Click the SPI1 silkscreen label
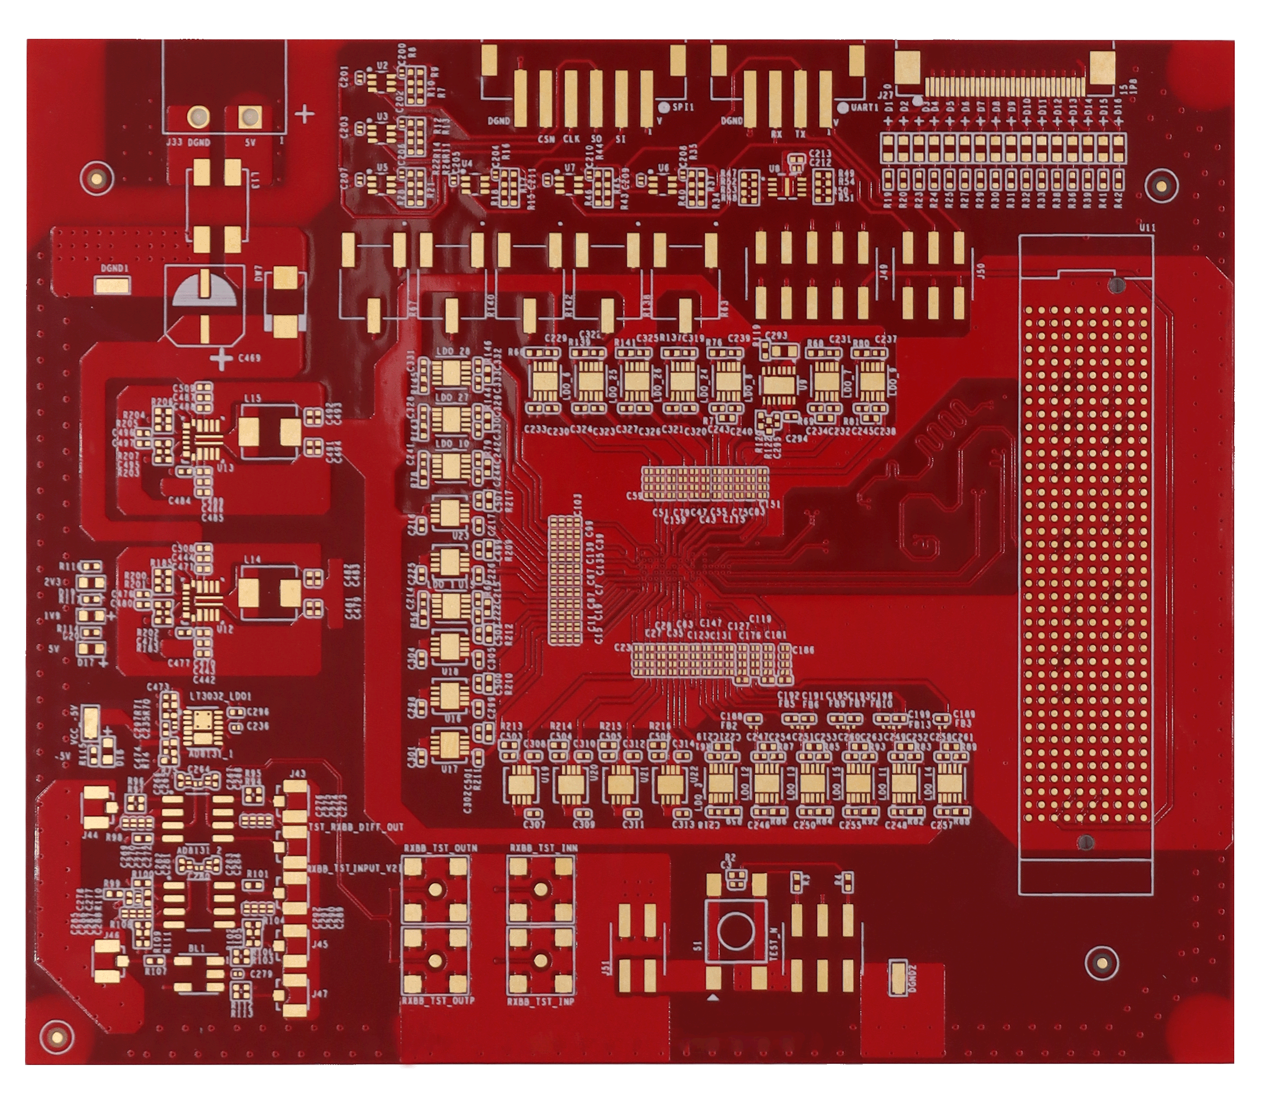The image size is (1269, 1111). click(683, 107)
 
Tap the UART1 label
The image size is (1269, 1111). click(864, 107)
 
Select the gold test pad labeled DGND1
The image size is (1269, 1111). click(112, 285)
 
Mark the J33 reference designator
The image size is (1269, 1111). click(174, 143)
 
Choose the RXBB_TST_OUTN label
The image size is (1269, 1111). click(440, 848)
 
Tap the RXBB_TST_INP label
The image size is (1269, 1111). click(541, 1001)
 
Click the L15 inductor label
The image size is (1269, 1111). click(253, 398)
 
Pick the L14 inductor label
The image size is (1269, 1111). click(252, 559)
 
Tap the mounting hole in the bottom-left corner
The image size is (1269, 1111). click(56, 1036)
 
